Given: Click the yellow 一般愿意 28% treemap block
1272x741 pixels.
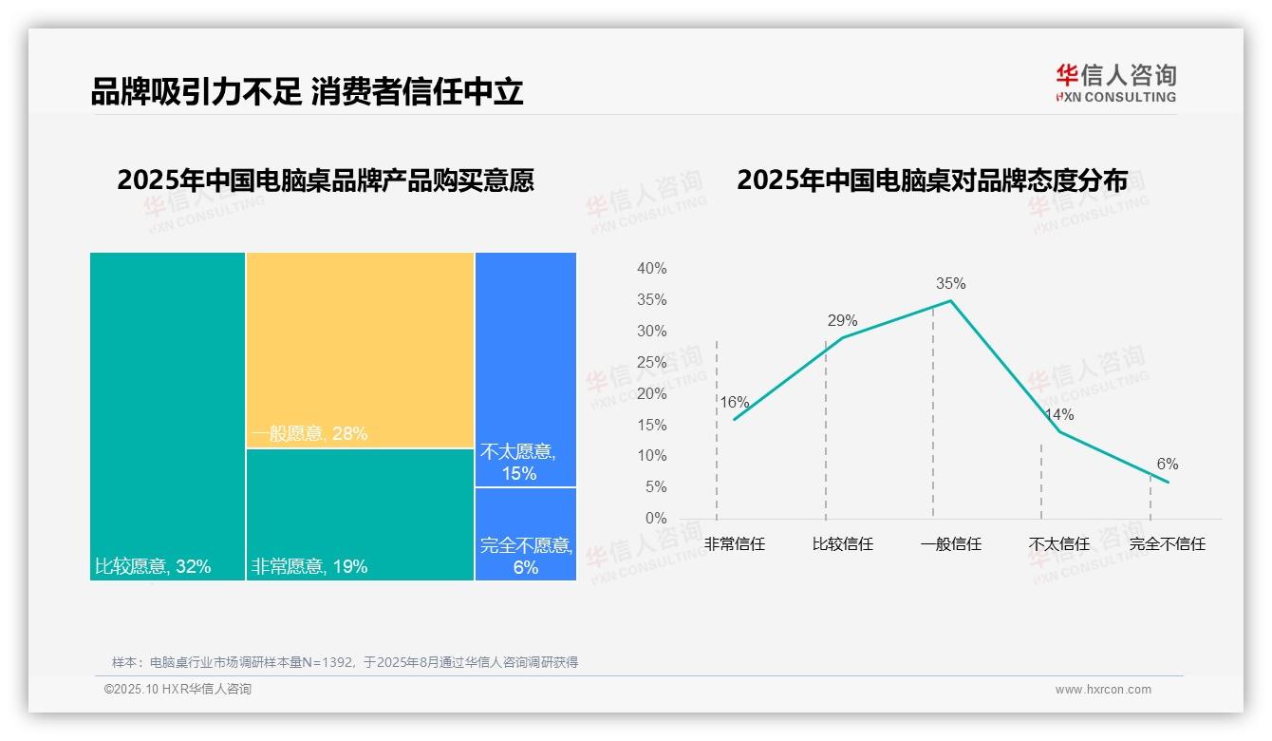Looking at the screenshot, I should [360, 350].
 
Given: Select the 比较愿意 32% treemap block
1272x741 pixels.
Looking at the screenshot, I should [167, 416].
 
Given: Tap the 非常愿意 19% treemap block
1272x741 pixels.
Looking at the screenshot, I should [360, 514].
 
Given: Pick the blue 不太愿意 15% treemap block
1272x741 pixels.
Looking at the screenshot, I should [525, 370].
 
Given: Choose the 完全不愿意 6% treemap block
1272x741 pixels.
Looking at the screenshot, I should [525, 534].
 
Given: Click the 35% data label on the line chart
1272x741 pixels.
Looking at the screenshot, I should [950, 283].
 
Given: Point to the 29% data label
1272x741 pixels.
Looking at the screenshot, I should [842, 320].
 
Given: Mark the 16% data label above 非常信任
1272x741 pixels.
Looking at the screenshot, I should [734, 402].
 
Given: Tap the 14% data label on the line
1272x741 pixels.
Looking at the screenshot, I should [1058, 414].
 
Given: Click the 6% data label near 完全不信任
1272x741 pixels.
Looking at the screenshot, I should [1167, 464].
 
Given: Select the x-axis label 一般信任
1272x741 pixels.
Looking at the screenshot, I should [950, 544].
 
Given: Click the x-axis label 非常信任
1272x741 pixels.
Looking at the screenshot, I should [734, 544].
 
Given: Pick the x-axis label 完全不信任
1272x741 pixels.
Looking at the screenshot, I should [1167, 544].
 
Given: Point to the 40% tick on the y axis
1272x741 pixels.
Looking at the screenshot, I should [651, 269].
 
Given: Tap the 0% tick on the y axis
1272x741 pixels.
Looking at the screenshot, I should [655, 519].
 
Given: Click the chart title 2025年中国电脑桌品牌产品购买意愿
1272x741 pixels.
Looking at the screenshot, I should [326, 180].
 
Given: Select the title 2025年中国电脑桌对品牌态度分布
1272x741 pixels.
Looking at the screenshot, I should [932, 180].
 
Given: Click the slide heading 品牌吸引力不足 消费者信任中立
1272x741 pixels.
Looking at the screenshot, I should [307, 92].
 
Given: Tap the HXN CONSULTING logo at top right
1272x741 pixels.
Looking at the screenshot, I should [1115, 84].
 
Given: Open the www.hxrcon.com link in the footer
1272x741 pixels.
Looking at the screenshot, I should [1103, 690].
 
